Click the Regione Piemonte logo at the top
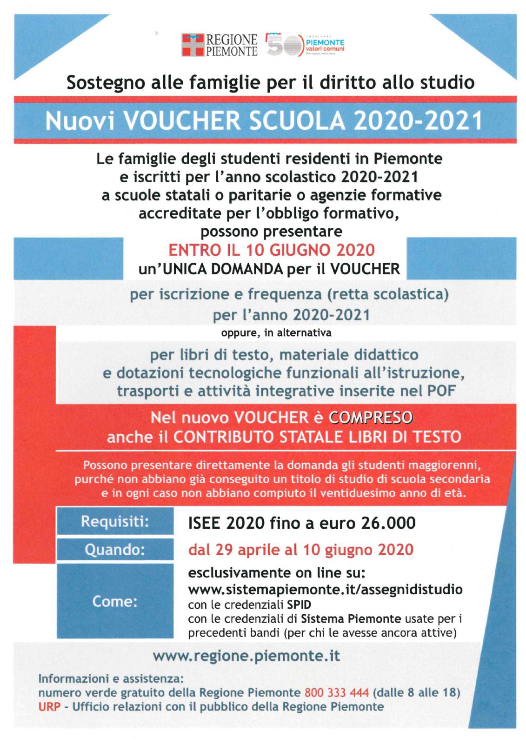click(219, 45)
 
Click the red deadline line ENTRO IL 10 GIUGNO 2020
click(271, 250)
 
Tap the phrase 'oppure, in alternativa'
click(276, 333)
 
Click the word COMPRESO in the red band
click(370, 418)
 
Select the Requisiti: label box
click(115, 521)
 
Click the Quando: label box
click(115, 550)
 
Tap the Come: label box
click(115, 601)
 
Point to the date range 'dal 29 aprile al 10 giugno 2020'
click(300, 550)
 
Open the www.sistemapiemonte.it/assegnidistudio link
click(325, 590)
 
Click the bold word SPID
click(299, 605)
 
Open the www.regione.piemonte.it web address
click(246, 656)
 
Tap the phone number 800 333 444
click(336, 692)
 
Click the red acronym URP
click(49, 707)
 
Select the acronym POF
click(440, 391)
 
